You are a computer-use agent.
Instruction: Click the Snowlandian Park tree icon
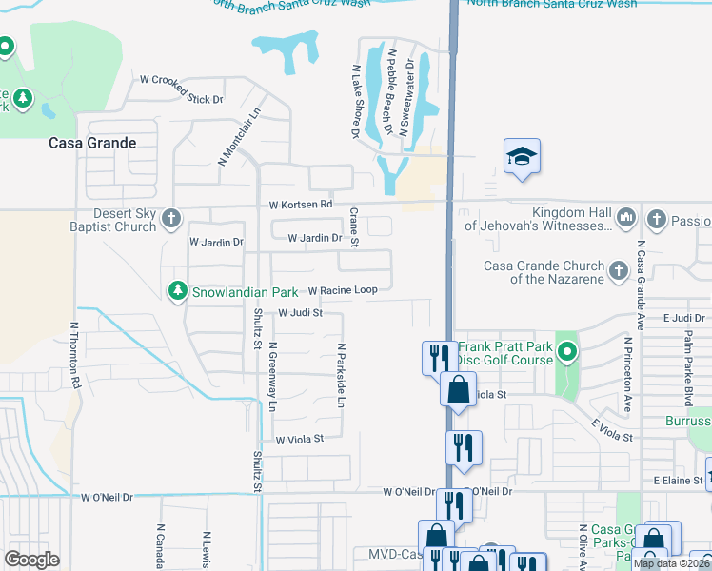click(177, 290)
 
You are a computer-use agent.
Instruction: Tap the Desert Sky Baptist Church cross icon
click(171, 220)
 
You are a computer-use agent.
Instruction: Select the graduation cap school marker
click(522, 156)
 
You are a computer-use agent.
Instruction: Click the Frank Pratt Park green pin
click(567, 354)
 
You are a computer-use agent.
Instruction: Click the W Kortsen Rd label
click(301, 205)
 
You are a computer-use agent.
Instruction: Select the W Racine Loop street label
click(343, 290)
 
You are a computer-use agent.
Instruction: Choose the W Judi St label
click(301, 312)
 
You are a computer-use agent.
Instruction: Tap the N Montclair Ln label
click(239, 136)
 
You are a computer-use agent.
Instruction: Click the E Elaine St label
click(677, 482)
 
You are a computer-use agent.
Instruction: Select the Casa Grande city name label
click(92, 143)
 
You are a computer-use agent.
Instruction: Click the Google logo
click(31, 560)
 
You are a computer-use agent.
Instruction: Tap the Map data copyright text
click(672, 563)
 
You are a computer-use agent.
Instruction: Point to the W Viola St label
click(301, 439)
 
